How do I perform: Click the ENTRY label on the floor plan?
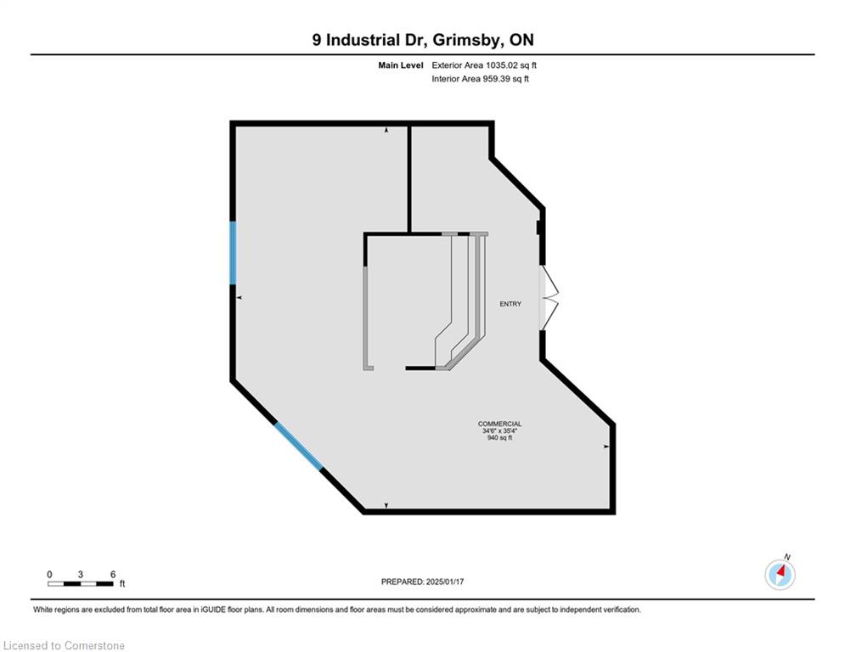click(x=510, y=304)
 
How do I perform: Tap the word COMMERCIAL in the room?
click(x=499, y=424)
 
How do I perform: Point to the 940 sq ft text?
click(x=499, y=437)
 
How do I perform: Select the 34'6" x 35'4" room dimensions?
click(x=499, y=431)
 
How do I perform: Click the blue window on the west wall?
click(x=234, y=253)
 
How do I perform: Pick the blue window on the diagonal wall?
click(x=299, y=446)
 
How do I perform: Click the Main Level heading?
click(x=400, y=65)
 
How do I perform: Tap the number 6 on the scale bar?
click(x=113, y=575)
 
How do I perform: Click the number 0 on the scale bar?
click(x=49, y=575)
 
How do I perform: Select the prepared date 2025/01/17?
click(x=445, y=582)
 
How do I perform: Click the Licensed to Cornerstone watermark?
click(x=64, y=645)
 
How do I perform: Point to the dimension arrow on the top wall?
click(x=386, y=131)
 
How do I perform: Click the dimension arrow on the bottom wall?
click(x=386, y=505)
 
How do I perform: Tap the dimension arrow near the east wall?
click(x=606, y=447)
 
